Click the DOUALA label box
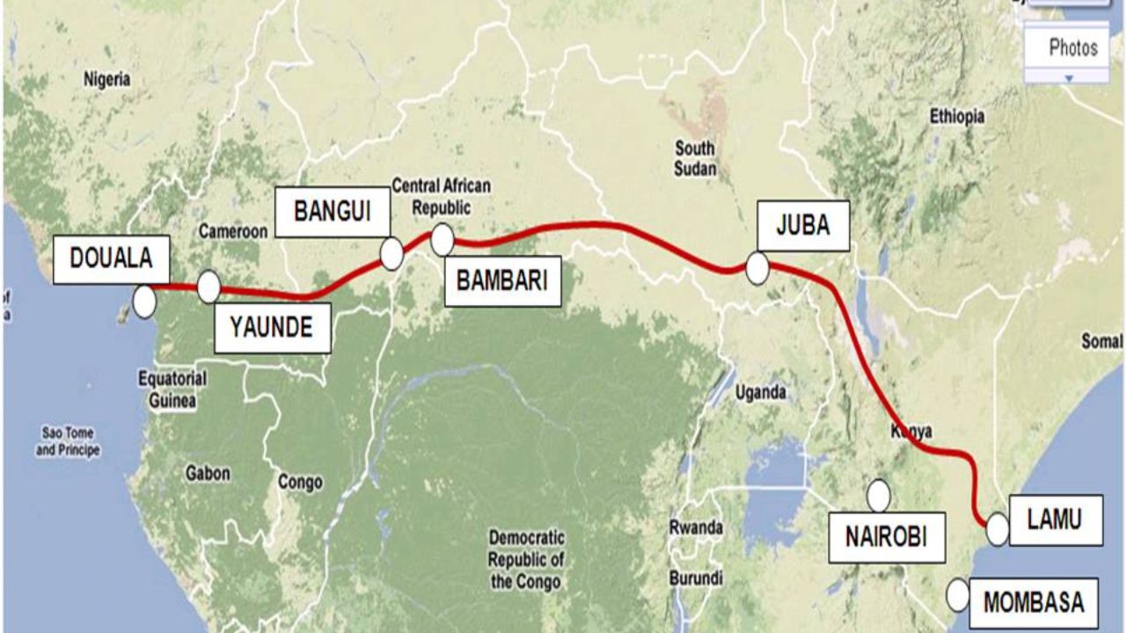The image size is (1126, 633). coord(111,259)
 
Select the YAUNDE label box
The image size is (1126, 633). coord(271,328)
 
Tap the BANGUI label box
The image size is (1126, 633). coord(332,212)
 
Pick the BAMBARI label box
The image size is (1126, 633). coord(502,281)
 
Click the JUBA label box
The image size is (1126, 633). coord(802,225)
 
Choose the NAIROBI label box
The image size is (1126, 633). coord(886,536)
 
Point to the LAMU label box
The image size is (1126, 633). coord(1055,520)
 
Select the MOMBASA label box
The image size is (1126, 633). coord(1034,603)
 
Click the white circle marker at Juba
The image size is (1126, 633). coord(757,269)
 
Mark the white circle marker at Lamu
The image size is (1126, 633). coord(997,530)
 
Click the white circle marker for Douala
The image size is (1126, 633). coord(144,302)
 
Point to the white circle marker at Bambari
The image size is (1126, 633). coord(442,238)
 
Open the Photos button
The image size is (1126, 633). coord(1072,47)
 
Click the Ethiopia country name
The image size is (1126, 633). coord(957,117)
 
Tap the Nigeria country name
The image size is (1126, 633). coord(106,80)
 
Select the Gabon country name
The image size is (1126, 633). coord(208,474)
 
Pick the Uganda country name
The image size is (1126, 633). coord(761,393)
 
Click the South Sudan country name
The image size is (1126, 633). coord(695,158)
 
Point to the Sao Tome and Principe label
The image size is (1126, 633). coord(68,441)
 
